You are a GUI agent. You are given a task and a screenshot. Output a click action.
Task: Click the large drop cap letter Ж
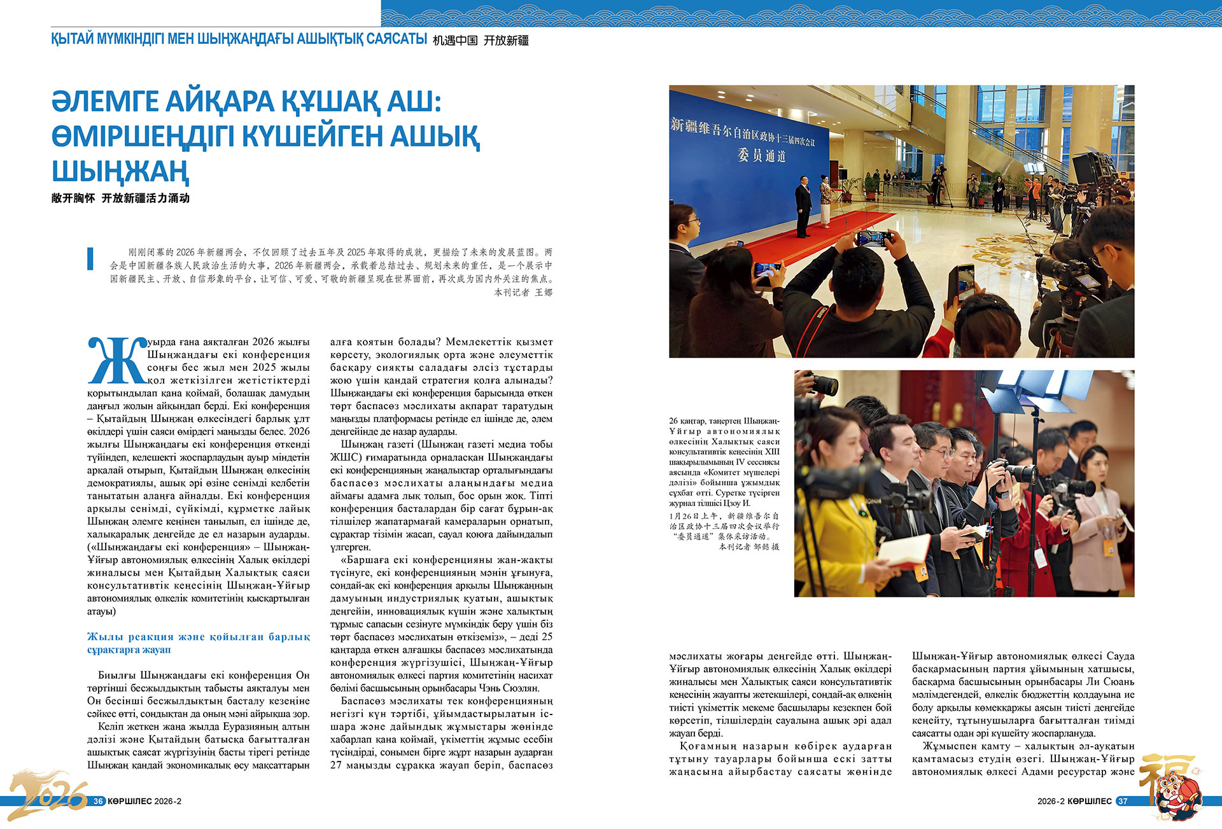[116, 360]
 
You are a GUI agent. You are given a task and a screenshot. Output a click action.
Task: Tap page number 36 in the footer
[98, 801]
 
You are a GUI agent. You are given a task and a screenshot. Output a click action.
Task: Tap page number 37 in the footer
[1123, 801]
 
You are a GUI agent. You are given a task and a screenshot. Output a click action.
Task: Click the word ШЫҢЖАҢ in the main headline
[120, 171]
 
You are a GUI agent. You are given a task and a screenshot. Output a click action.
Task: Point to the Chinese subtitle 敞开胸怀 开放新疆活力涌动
[120, 198]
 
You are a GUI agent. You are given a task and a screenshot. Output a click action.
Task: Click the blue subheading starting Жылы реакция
[199, 643]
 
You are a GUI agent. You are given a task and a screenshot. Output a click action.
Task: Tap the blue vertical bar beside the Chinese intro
[90, 258]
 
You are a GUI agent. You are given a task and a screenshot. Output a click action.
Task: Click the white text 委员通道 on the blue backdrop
[761, 155]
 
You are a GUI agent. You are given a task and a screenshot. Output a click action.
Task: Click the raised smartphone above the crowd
[874, 239]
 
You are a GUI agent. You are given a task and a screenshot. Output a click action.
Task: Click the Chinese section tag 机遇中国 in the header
[455, 41]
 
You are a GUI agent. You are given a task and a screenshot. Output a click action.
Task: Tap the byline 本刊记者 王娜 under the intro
[523, 293]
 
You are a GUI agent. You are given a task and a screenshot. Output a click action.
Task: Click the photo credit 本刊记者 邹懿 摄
[748, 547]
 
